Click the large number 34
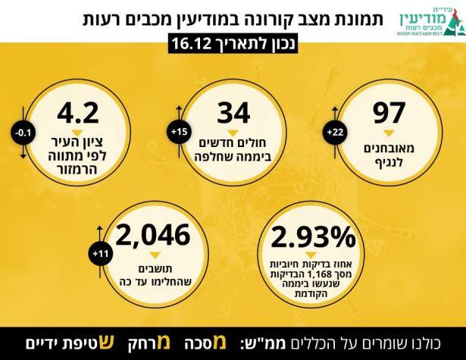point(233,113)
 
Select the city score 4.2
point(77,113)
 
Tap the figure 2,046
point(153,236)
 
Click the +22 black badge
point(335,133)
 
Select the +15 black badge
point(178,133)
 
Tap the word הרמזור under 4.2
point(77,167)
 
